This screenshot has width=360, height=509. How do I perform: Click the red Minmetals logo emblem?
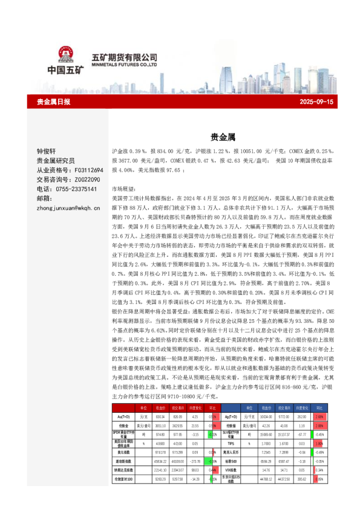pos(65,56)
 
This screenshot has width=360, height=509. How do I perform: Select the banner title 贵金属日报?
pos(54,102)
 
